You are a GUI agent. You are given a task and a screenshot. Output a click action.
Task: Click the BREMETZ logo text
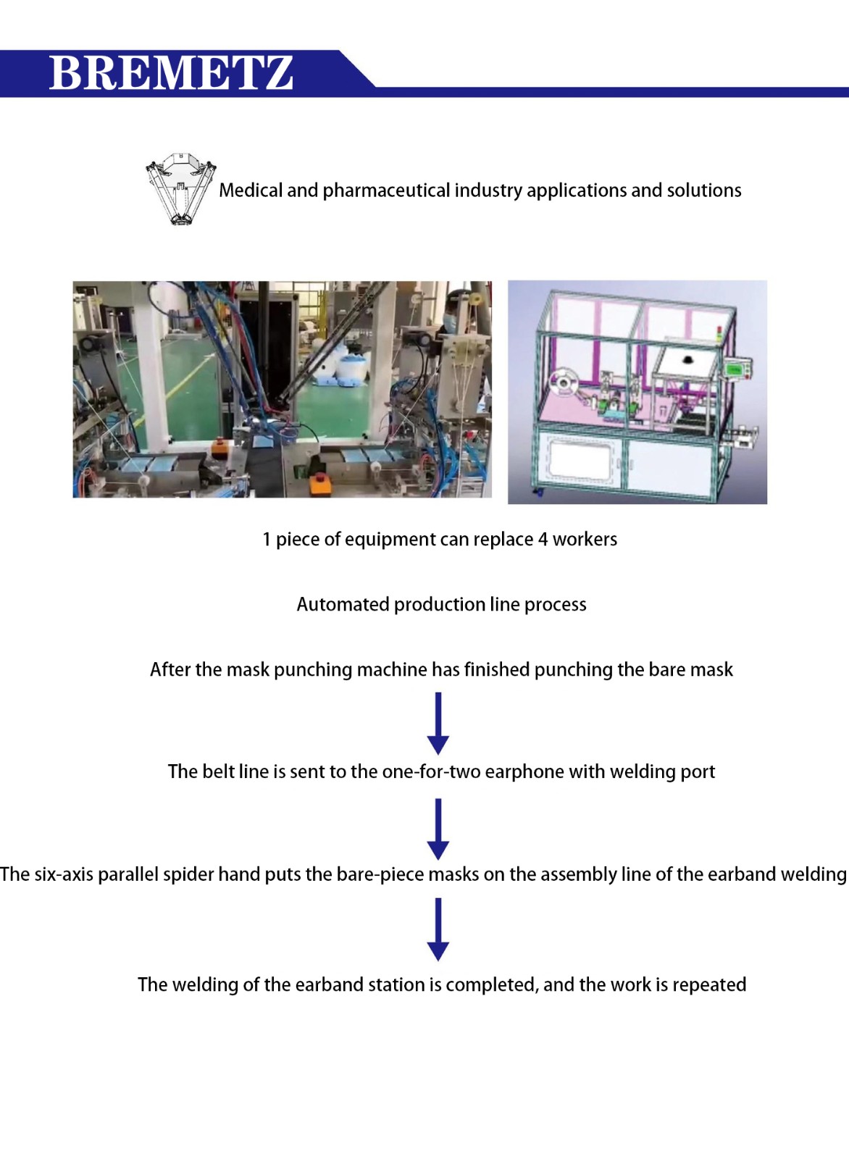(171, 73)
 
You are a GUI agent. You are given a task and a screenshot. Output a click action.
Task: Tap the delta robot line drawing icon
(180, 189)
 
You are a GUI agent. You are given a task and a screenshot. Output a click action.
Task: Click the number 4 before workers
(543, 540)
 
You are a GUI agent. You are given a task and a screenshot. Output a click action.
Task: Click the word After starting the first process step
(168, 669)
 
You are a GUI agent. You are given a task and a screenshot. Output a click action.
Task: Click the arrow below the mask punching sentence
(438, 724)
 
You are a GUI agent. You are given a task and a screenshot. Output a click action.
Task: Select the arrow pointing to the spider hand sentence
(438, 829)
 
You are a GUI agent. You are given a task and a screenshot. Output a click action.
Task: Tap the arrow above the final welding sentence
(438, 929)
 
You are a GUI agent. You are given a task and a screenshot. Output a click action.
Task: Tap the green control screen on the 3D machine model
(735, 369)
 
